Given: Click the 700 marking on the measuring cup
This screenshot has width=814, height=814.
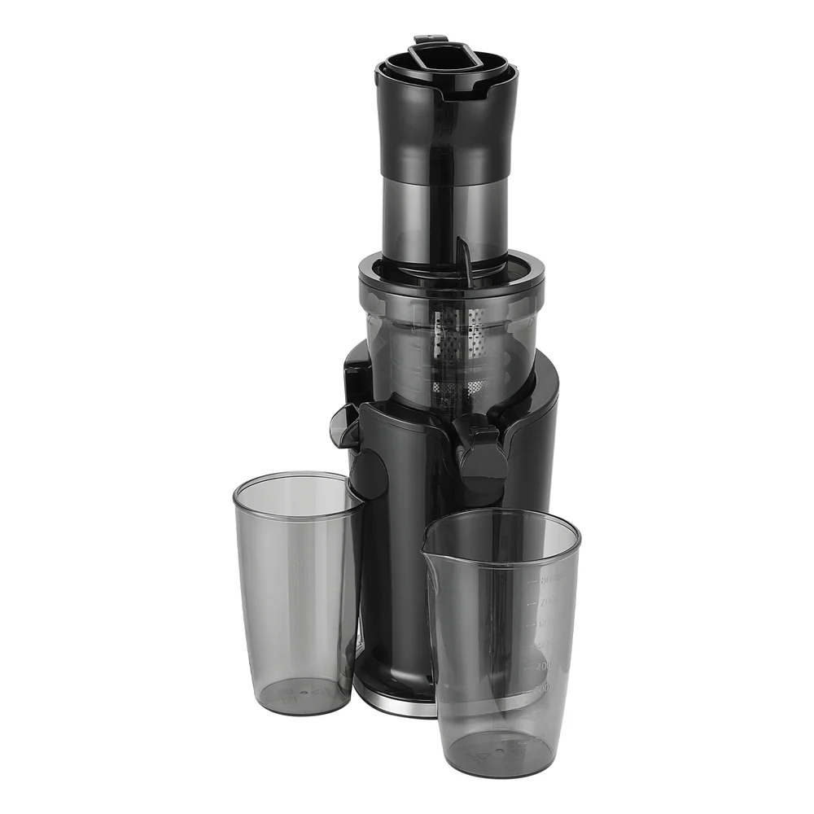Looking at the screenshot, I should pos(545,602).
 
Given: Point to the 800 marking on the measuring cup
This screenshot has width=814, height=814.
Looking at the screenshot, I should pos(547,580).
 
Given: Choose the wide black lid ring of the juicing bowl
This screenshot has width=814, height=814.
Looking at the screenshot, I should pos(451,277).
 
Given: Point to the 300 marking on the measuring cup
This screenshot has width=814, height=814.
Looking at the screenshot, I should pos(542,688).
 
